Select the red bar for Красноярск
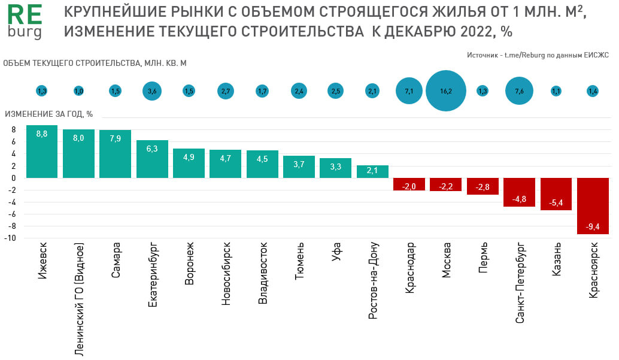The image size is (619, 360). tap(593, 206)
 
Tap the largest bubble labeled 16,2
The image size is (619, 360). tap(446, 91)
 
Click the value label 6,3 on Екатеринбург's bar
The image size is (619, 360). tap(152, 149)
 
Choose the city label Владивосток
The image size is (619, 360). tap(262, 273)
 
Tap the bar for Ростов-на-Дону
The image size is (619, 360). tap(372, 171)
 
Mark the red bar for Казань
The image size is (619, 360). tap(556, 194)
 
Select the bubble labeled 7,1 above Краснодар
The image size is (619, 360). tap(409, 91)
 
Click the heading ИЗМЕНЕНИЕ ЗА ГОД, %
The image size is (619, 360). tap(48, 114)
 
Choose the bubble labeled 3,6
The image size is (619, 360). tap(152, 91)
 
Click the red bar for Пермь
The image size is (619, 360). tap(483, 186)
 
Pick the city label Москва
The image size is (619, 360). tap(447, 261)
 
